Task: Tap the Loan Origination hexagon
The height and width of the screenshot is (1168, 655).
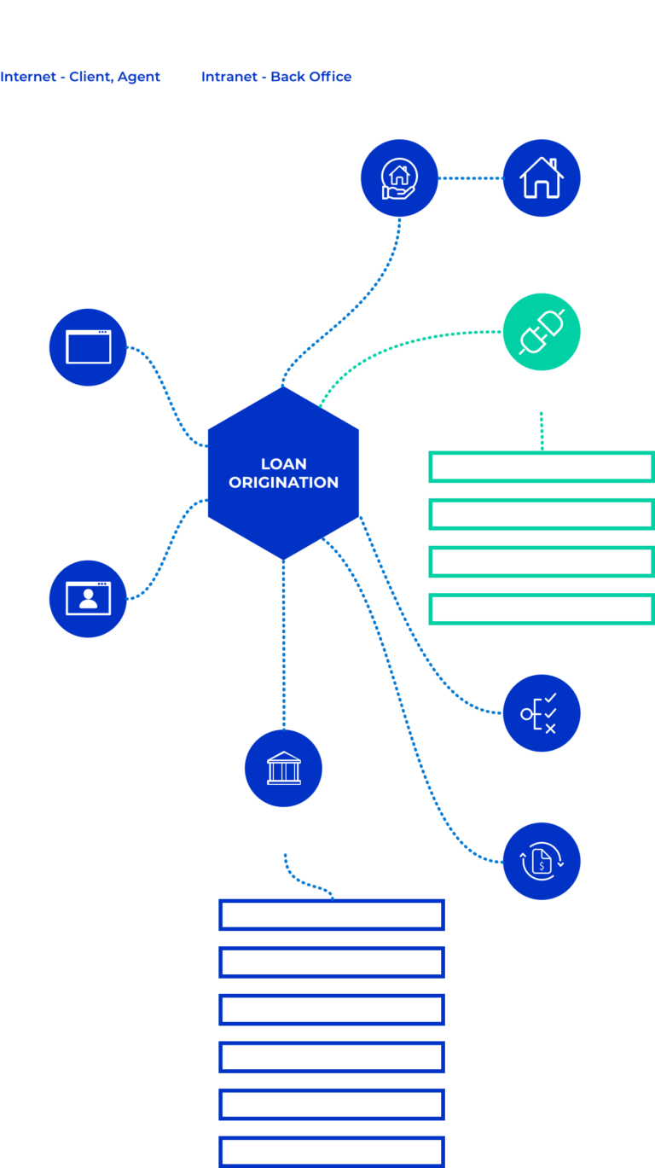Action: (284, 474)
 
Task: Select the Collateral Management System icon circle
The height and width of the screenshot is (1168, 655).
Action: (398, 178)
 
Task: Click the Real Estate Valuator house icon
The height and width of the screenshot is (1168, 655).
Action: (542, 178)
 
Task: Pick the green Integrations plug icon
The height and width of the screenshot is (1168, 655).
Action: (542, 333)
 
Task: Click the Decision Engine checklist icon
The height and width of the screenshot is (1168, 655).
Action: (542, 713)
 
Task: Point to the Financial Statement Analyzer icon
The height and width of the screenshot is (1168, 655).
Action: (542, 861)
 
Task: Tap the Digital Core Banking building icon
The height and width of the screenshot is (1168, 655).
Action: (283, 768)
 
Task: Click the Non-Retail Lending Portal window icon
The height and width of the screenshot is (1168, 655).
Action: (88, 347)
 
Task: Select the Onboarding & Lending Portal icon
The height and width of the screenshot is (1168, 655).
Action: (88, 598)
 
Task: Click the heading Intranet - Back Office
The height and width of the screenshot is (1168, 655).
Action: (276, 77)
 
